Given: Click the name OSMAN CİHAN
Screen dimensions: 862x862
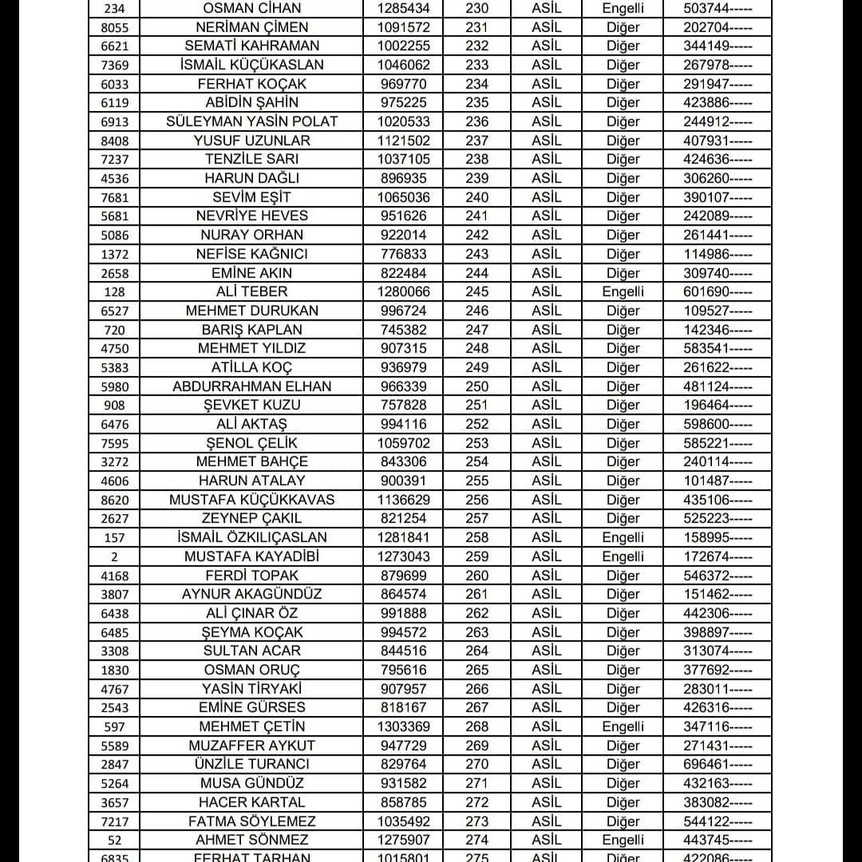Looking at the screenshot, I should (252, 9).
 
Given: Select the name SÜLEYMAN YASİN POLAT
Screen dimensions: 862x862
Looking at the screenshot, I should (252, 121).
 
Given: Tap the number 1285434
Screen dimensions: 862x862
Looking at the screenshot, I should (403, 9).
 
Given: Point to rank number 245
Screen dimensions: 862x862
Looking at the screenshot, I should (476, 291).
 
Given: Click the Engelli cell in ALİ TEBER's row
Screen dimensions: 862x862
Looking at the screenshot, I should (623, 291).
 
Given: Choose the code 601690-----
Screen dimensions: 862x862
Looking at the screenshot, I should (718, 291).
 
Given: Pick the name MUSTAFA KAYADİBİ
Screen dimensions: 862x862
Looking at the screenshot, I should (252, 556).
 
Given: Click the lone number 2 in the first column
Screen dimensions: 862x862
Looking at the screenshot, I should (115, 557).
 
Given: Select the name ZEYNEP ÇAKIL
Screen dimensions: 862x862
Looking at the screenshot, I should (252, 518).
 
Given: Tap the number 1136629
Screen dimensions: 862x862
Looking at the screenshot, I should (403, 500).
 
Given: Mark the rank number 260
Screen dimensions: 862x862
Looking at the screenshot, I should (476, 575).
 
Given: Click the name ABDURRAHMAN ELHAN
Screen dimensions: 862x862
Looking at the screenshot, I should (252, 386).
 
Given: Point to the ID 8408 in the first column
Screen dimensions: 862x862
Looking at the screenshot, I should (115, 140).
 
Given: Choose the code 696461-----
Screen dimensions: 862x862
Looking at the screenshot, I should (718, 765).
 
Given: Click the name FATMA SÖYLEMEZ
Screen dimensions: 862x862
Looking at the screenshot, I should (252, 821).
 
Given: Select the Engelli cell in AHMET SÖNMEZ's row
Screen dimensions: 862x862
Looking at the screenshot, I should (623, 840).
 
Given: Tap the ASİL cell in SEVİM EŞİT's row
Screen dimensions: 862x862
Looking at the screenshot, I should (547, 197).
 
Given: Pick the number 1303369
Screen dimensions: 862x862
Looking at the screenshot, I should (403, 726).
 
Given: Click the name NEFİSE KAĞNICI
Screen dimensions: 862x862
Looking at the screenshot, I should (252, 254).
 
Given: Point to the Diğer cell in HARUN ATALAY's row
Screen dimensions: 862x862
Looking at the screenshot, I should (623, 480).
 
